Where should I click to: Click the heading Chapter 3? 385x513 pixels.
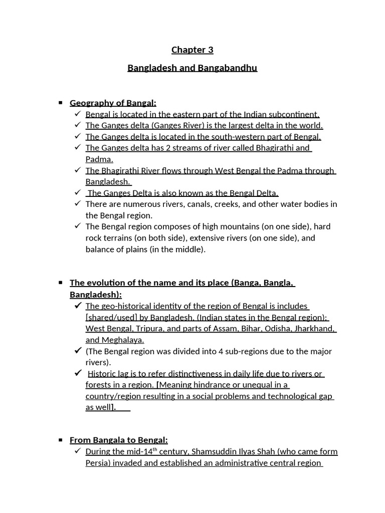click(192, 50)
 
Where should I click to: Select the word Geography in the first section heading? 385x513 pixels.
click(89, 103)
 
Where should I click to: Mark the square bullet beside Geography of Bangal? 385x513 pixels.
click(60, 103)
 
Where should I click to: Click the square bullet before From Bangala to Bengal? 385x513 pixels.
click(60, 440)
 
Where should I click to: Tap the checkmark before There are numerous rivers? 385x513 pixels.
click(77, 204)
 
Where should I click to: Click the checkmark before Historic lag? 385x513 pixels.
click(78, 373)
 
